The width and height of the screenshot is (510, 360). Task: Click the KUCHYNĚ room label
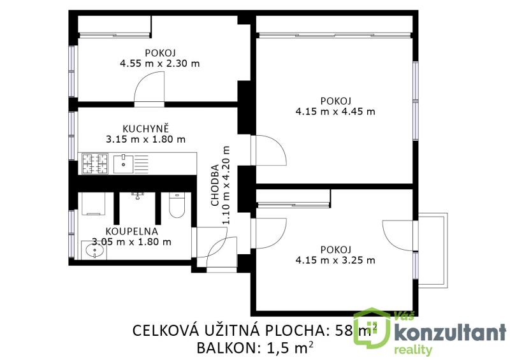[x=146, y=128]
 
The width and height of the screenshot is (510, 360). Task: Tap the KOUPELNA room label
[x=132, y=231]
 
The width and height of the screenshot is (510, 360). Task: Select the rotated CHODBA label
[x=215, y=185]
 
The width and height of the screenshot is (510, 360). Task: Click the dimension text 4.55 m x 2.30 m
[x=160, y=63]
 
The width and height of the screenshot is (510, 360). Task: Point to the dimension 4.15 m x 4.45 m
[x=335, y=112]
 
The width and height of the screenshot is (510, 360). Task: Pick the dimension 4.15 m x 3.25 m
[x=335, y=260]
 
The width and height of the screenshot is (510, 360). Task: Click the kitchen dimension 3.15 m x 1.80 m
[x=146, y=139]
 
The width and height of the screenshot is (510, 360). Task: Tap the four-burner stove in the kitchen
[x=94, y=164]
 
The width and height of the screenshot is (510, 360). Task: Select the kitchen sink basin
[x=123, y=164]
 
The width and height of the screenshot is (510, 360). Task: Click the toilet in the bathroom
[x=177, y=205]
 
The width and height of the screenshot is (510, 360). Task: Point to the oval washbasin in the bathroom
[x=94, y=251]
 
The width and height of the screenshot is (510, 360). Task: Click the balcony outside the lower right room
[x=433, y=250]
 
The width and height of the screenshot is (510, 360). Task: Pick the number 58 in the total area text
[x=344, y=331]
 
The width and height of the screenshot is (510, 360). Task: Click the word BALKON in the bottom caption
[x=226, y=349]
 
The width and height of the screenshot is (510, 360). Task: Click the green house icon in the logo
[x=372, y=328]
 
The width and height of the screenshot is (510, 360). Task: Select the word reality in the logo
[x=413, y=350]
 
